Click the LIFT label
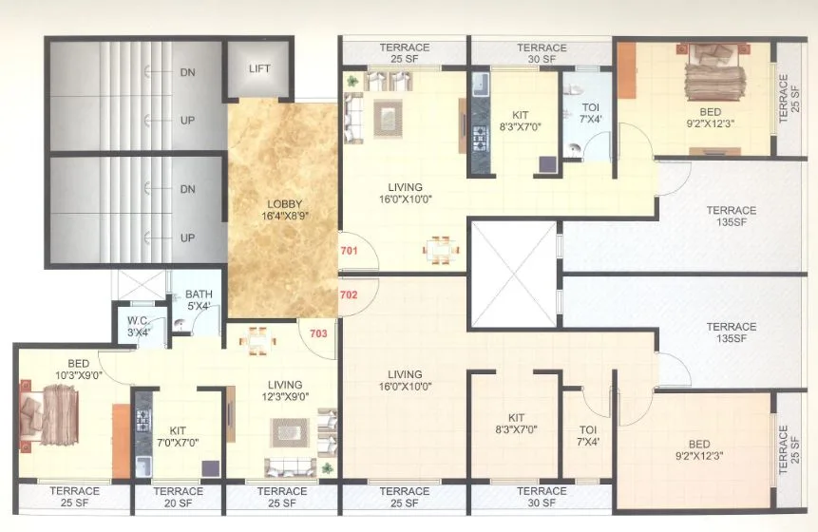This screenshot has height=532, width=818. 259,68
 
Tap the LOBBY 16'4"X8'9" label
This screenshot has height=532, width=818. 284,210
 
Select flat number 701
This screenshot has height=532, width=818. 350,252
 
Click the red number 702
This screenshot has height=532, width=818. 350,294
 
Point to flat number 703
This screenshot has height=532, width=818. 317,332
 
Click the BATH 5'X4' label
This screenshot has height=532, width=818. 199,299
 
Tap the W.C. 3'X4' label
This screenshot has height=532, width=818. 139,327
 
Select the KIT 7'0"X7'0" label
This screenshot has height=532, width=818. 178,436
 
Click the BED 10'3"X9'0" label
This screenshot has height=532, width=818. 78,369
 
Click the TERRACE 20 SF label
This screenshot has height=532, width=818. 178,497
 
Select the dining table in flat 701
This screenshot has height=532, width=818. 438,249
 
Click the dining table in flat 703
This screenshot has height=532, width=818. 258,338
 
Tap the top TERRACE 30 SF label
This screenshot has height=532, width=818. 542,53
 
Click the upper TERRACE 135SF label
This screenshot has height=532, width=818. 731,216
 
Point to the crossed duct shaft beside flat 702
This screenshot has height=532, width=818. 514,274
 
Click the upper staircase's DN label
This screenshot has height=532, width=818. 187,72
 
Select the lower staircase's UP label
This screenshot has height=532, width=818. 187,238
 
